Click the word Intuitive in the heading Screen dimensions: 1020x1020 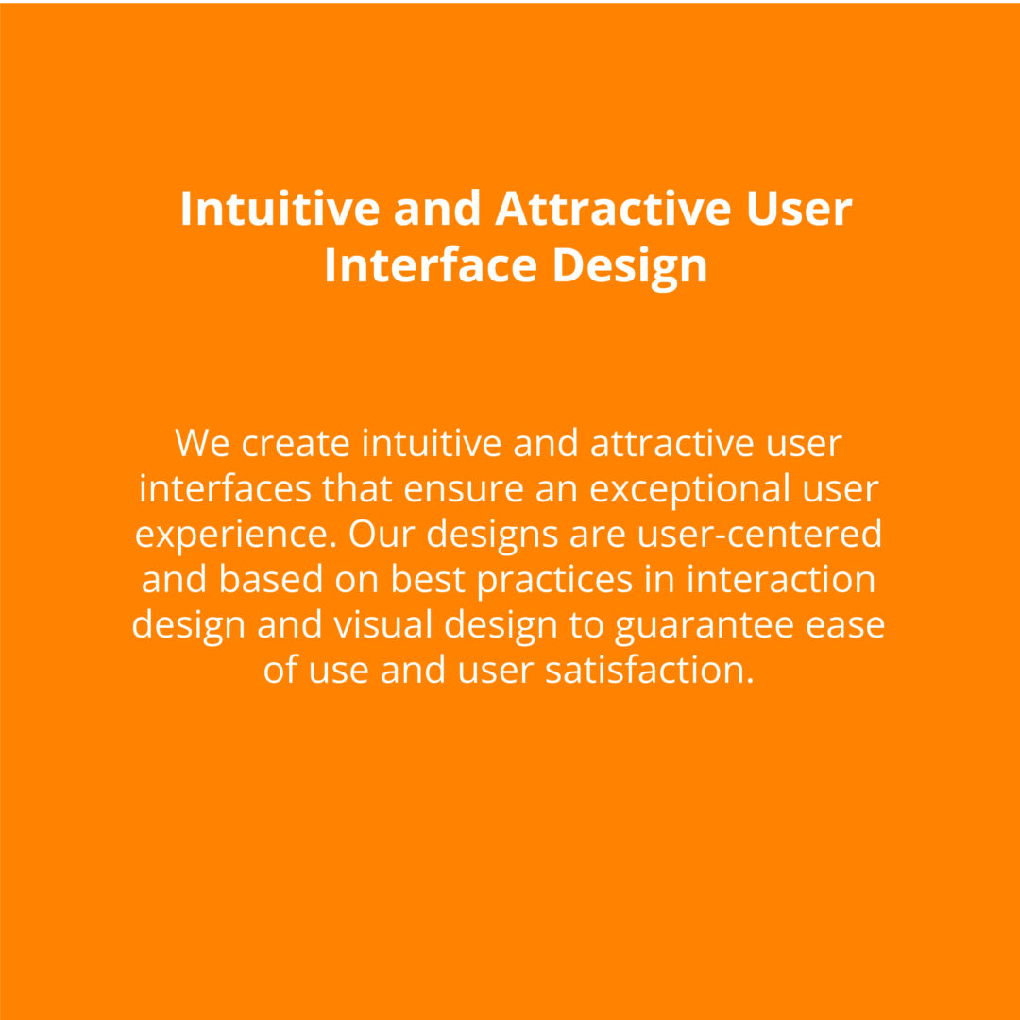coord(280,208)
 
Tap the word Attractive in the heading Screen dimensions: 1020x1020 coord(615,208)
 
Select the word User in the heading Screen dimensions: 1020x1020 coord(800,208)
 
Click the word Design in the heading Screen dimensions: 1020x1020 coord(630,268)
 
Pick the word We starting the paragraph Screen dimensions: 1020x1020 coord(202,442)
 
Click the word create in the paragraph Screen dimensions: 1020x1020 coord(296,444)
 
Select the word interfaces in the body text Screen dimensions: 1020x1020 coord(225,488)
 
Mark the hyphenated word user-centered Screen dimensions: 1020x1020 coord(759,534)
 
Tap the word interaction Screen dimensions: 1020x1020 coord(781,579)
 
